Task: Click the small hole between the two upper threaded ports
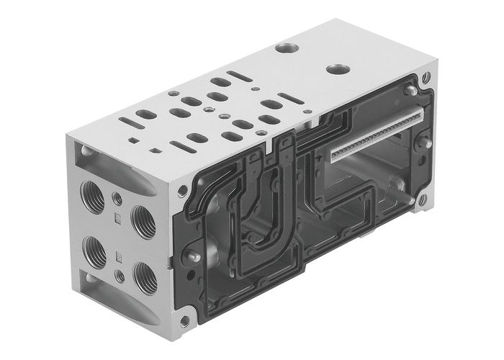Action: (118, 197)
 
